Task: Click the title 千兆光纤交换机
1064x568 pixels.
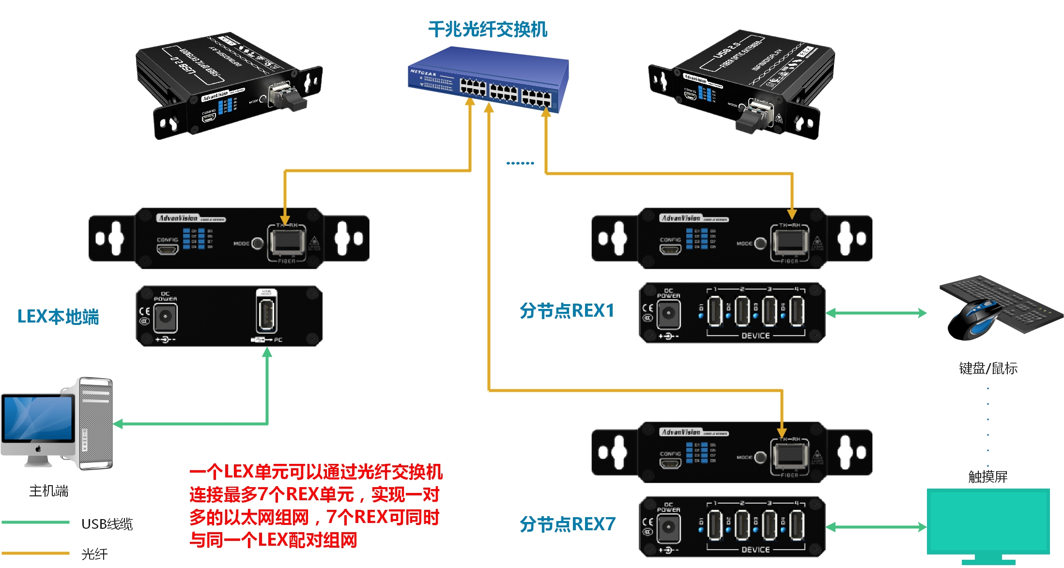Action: coord(487,30)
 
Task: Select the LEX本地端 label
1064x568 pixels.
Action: coord(58,317)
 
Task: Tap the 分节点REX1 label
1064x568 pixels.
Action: coord(567,311)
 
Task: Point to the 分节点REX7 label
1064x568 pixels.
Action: coord(567,524)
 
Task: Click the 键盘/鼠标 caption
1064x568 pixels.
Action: coord(988,368)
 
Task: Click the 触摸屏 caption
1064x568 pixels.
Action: coord(987,477)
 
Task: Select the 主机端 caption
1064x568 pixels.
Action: coord(48,491)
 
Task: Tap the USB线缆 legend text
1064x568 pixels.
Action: coord(107,524)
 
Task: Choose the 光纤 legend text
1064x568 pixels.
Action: coord(94,554)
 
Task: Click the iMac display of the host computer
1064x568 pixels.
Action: coord(38,418)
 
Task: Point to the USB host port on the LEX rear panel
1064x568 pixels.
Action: coord(266,315)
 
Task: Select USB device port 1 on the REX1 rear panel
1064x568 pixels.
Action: coord(714,311)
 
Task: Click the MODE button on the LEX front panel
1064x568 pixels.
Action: coord(258,243)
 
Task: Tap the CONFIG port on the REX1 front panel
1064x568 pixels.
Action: coord(670,249)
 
